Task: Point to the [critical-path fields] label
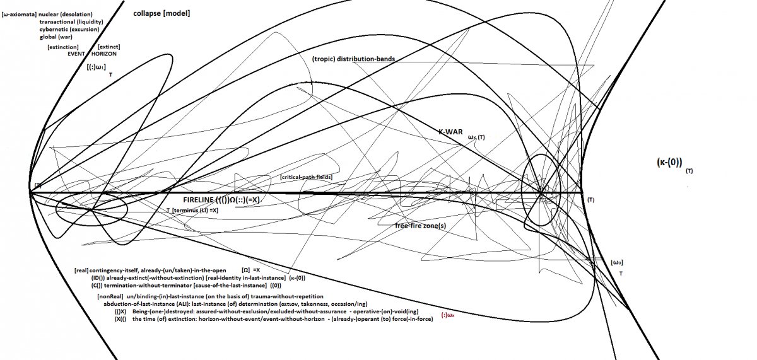click(x=306, y=178)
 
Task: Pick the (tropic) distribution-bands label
click(x=353, y=59)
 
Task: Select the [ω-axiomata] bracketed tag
click(x=19, y=14)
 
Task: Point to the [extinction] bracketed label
click(x=63, y=47)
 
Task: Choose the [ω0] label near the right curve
click(x=618, y=262)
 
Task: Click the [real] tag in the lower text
click(x=81, y=270)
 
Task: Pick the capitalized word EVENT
click(x=76, y=54)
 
